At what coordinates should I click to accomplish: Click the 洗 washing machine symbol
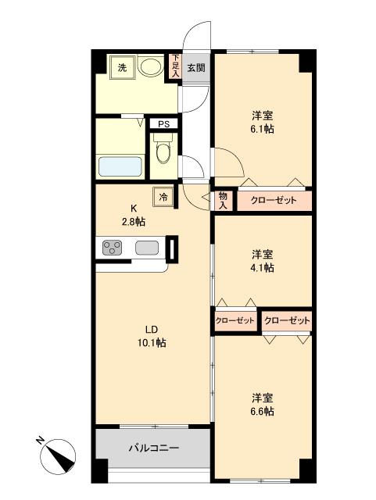[122, 67]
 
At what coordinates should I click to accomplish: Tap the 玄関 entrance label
[196, 68]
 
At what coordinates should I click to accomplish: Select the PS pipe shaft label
[163, 123]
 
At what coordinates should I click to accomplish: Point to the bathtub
[120, 166]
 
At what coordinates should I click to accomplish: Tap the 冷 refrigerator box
[163, 197]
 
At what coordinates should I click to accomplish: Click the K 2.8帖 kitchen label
[134, 215]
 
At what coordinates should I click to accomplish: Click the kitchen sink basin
[146, 248]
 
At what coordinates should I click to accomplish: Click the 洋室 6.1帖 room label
[263, 122]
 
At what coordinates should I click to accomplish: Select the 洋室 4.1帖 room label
[263, 261]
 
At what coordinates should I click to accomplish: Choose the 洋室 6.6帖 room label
[263, 404]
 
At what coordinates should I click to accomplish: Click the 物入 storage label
[223, 200]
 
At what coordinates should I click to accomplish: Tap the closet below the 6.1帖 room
[274, 201]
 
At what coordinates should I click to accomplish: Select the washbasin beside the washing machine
[149, 67]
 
